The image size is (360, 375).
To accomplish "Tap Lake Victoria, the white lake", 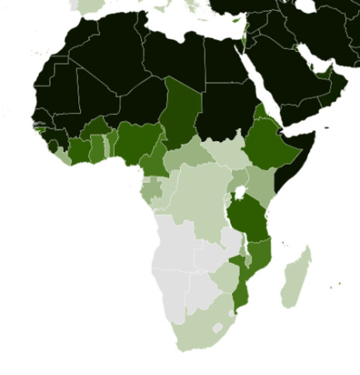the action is pos(242,193).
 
